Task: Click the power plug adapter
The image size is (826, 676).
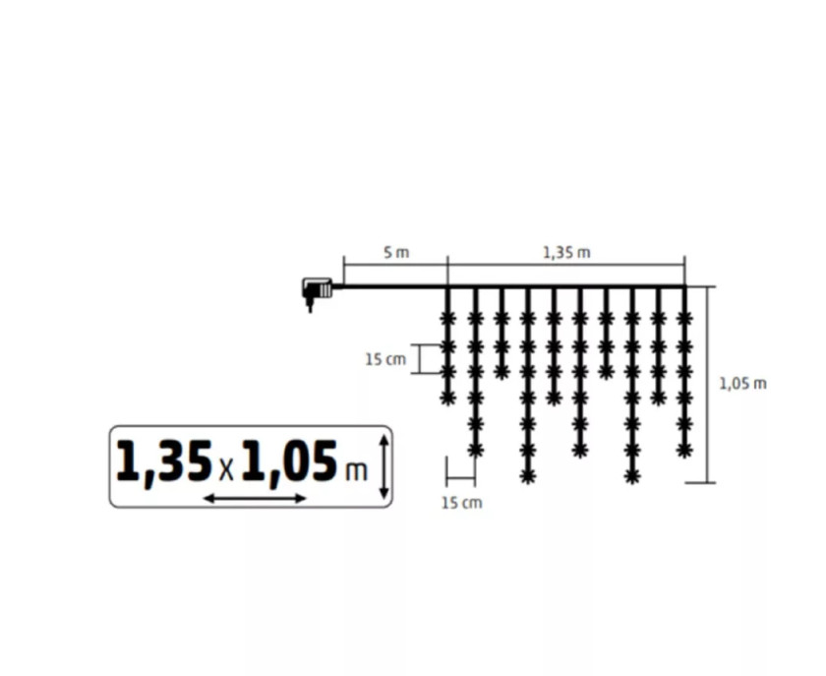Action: pos(316,292)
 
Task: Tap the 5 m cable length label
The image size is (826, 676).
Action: pos(396,253)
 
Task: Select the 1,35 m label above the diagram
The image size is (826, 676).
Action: pos(566,253)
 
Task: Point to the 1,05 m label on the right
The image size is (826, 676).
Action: pos(742,384)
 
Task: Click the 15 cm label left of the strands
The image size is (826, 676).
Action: pos(385,359)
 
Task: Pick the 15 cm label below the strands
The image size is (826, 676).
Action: pos(461,503)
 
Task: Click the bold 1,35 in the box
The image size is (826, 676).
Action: pos(163,461)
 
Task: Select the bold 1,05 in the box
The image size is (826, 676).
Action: pos(289,461)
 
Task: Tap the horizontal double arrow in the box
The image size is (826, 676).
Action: pos(255,498)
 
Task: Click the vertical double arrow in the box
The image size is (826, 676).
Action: pos(384,466)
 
